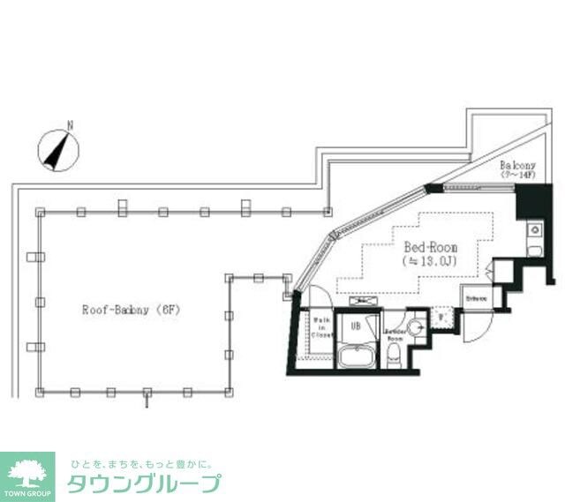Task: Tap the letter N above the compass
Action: pos(70,126)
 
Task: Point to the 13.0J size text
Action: pos(430,262)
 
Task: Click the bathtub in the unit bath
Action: pos(358,358)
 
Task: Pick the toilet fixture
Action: pos(394,356)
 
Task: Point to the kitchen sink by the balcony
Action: pos(534,230)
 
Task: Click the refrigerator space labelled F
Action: pos(441,318)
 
